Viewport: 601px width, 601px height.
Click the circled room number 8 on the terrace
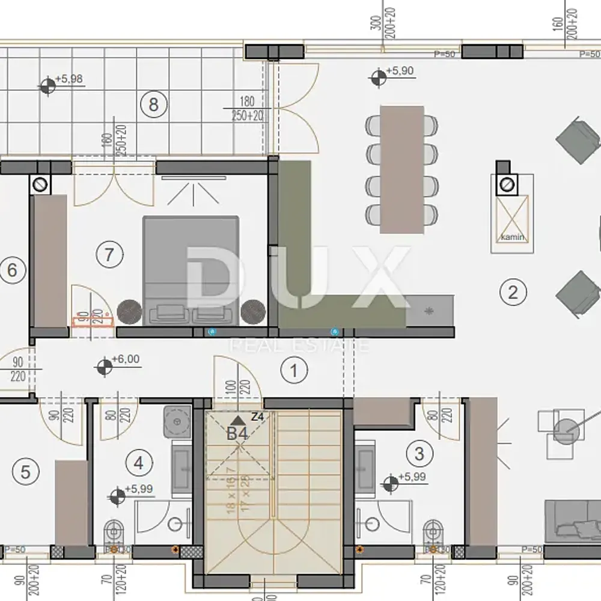(x=153, y=105)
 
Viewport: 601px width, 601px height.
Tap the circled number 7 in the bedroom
(x=109, y=254)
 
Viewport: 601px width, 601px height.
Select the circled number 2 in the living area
(x=513, y=293)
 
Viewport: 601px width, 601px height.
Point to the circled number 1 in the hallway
(x=294, y=370)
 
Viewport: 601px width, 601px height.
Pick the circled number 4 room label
(x=139, y=463)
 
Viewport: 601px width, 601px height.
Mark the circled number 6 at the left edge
(x=11, y=270)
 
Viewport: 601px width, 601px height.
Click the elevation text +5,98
(x=69, y=79)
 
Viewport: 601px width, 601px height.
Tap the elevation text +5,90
(x=400, y=71)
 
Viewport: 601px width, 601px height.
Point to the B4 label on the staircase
(x=237, y=433)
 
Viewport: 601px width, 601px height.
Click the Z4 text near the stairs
(x=258, y=416)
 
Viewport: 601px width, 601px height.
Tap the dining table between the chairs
(x=402, y=169)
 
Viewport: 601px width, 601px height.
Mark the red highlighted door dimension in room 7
(x=93, y=321)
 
